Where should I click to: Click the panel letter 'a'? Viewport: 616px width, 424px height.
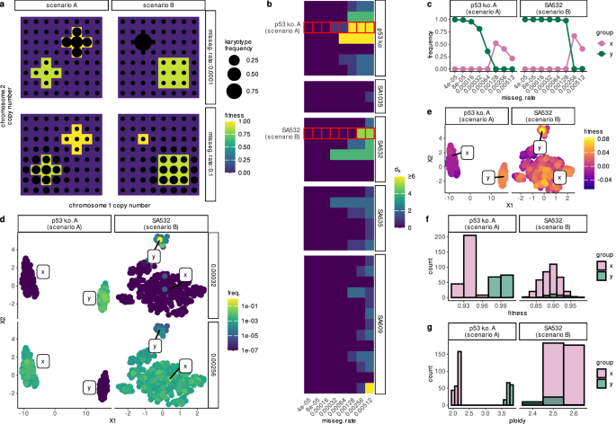click(x=5, y=5)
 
